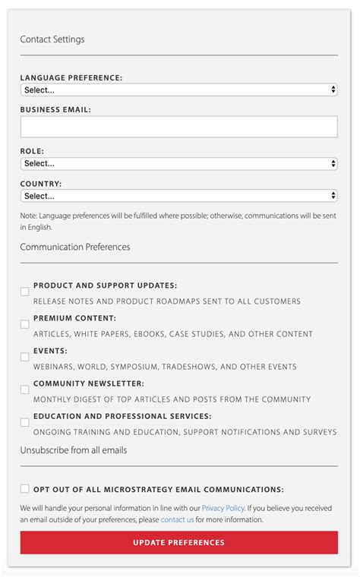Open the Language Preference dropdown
[x=178, y=90]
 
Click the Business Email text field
[x=178, y=127]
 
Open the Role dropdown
[x=178, y=163]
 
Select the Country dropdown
[x=178, y=196]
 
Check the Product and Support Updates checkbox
[x=25, y=292]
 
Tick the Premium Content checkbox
[x=25, y=324]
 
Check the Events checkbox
[x=25, y=357]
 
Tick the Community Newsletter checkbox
[x=25, y=389]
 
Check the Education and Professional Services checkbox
[x=25, y=422]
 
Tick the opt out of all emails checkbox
[x=25, y=489]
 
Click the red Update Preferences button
[x=178, y=543]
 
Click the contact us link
[x=177, y=520]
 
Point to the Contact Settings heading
[x=52, y=39]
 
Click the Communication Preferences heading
[x=75, y=247]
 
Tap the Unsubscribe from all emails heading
[x=74, y=450]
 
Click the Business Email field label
[x=55, y=109]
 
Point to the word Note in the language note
[x=28, y=216]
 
